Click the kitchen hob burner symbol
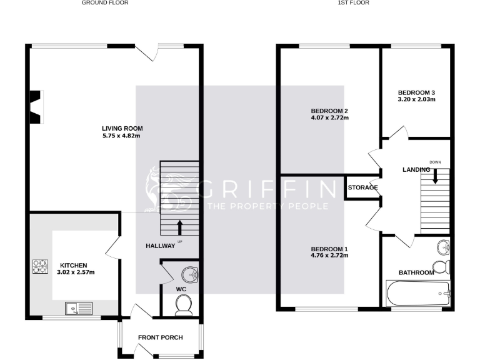[x=41, y=267]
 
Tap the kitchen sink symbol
[x=78, y=308]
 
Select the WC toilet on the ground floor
[x=184, y=304]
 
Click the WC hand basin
[x=188, y=274]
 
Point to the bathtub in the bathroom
[x=417, y=292]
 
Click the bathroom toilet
[x=442, y=267]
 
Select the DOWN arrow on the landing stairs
[x=436, y=176]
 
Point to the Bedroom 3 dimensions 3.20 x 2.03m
[x=416, y=99]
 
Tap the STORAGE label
[x=362, y=187]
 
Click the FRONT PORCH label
[x=161, y=337]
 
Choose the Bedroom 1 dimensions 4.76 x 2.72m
[x=329, y=256]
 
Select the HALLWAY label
[x=161, y=246]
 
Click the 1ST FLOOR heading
[x=354, y=3]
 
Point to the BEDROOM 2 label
[x=329, y=111]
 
